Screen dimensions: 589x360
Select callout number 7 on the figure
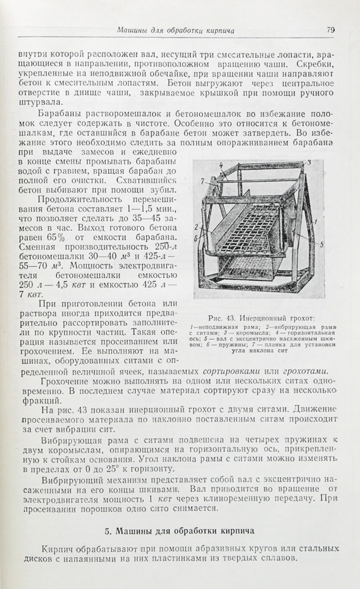click(x=201, y=180)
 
